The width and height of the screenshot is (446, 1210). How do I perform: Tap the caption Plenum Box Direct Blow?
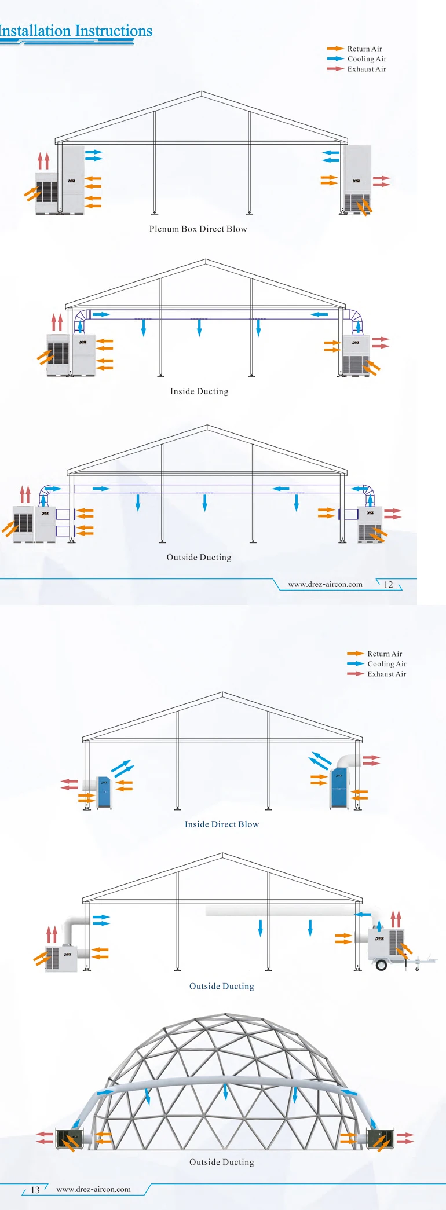pos(198,229)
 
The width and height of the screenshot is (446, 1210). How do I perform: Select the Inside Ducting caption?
pos(199,391)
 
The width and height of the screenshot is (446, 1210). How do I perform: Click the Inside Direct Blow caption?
pos(222,824)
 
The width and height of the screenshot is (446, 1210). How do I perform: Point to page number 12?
pos(388,585)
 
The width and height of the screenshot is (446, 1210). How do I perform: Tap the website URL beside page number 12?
pos(325,584)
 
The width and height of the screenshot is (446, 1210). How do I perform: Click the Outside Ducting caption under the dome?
pos(222,1161)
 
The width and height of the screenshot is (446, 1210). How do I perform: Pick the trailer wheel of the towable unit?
pos(381,965)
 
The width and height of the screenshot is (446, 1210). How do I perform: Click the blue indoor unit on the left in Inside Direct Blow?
pos(104,792)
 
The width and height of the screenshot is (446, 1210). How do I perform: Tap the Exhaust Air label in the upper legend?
pos(367,69)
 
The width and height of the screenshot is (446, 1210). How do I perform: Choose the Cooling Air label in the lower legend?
pos(387,664)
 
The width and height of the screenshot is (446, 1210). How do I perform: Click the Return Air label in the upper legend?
pos(364,49)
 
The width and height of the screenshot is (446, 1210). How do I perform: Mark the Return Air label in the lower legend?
pos(385,654)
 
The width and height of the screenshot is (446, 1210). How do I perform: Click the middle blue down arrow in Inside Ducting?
pos(199,327)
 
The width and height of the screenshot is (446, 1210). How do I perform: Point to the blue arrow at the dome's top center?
pos(225,1091)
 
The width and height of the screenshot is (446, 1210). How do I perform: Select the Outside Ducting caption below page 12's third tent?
pos(199,557)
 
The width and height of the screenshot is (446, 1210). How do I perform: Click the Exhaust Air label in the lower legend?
pos(386,674)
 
